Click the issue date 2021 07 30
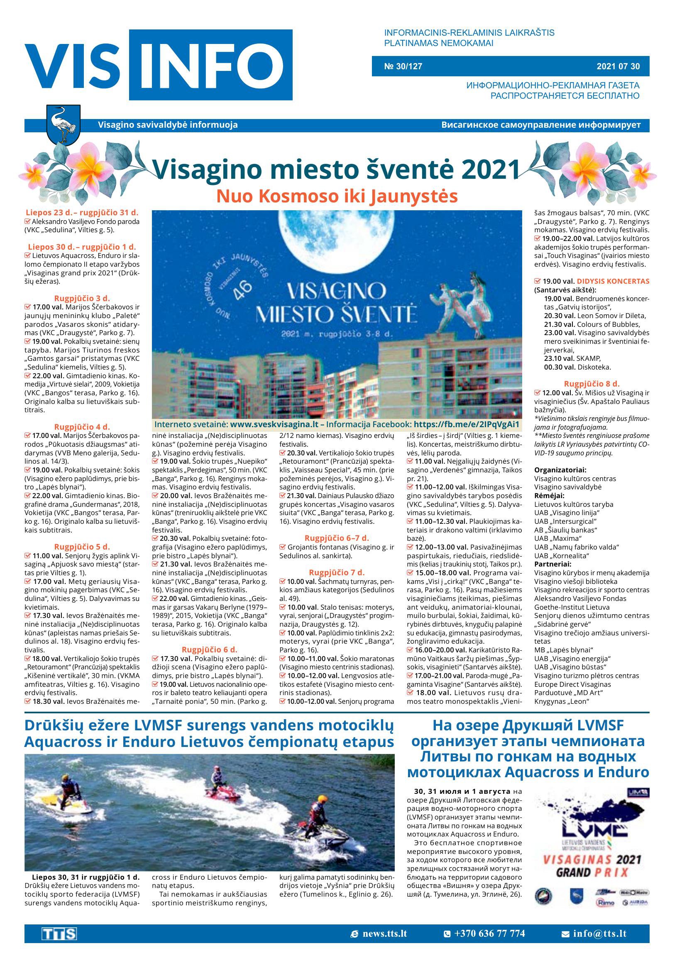(618, 66)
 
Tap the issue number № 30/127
(403, 66)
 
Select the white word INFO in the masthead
(211, 65)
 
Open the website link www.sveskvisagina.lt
(274, 424)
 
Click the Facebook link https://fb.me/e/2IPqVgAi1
(466, 424)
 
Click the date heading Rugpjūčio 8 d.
(591, 384)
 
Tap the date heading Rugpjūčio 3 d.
(82, 298)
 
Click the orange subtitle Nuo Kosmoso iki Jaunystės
(336, 196)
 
